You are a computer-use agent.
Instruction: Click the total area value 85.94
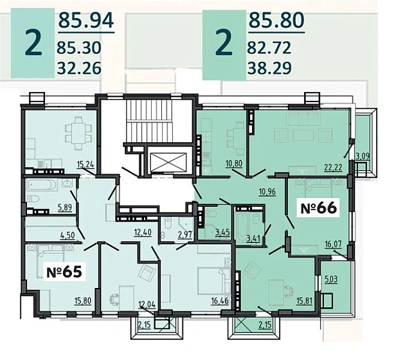[x=85, y=22]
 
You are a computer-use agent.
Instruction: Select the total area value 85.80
[x=275, y=22]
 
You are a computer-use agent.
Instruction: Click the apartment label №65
[x=64, y=272]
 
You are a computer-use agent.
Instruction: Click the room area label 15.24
[x=85, y=164]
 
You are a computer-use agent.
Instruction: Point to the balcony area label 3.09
[x=363, y=155]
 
